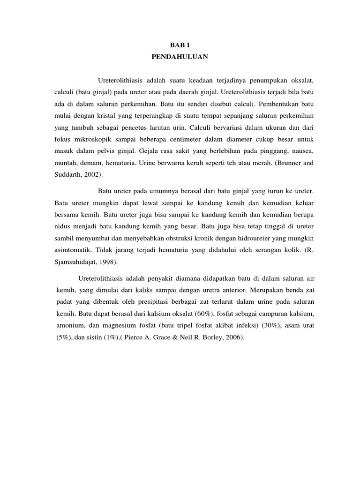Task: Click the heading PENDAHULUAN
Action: [x=180, y=57]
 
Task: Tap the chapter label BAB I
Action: [x=180, y=45]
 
